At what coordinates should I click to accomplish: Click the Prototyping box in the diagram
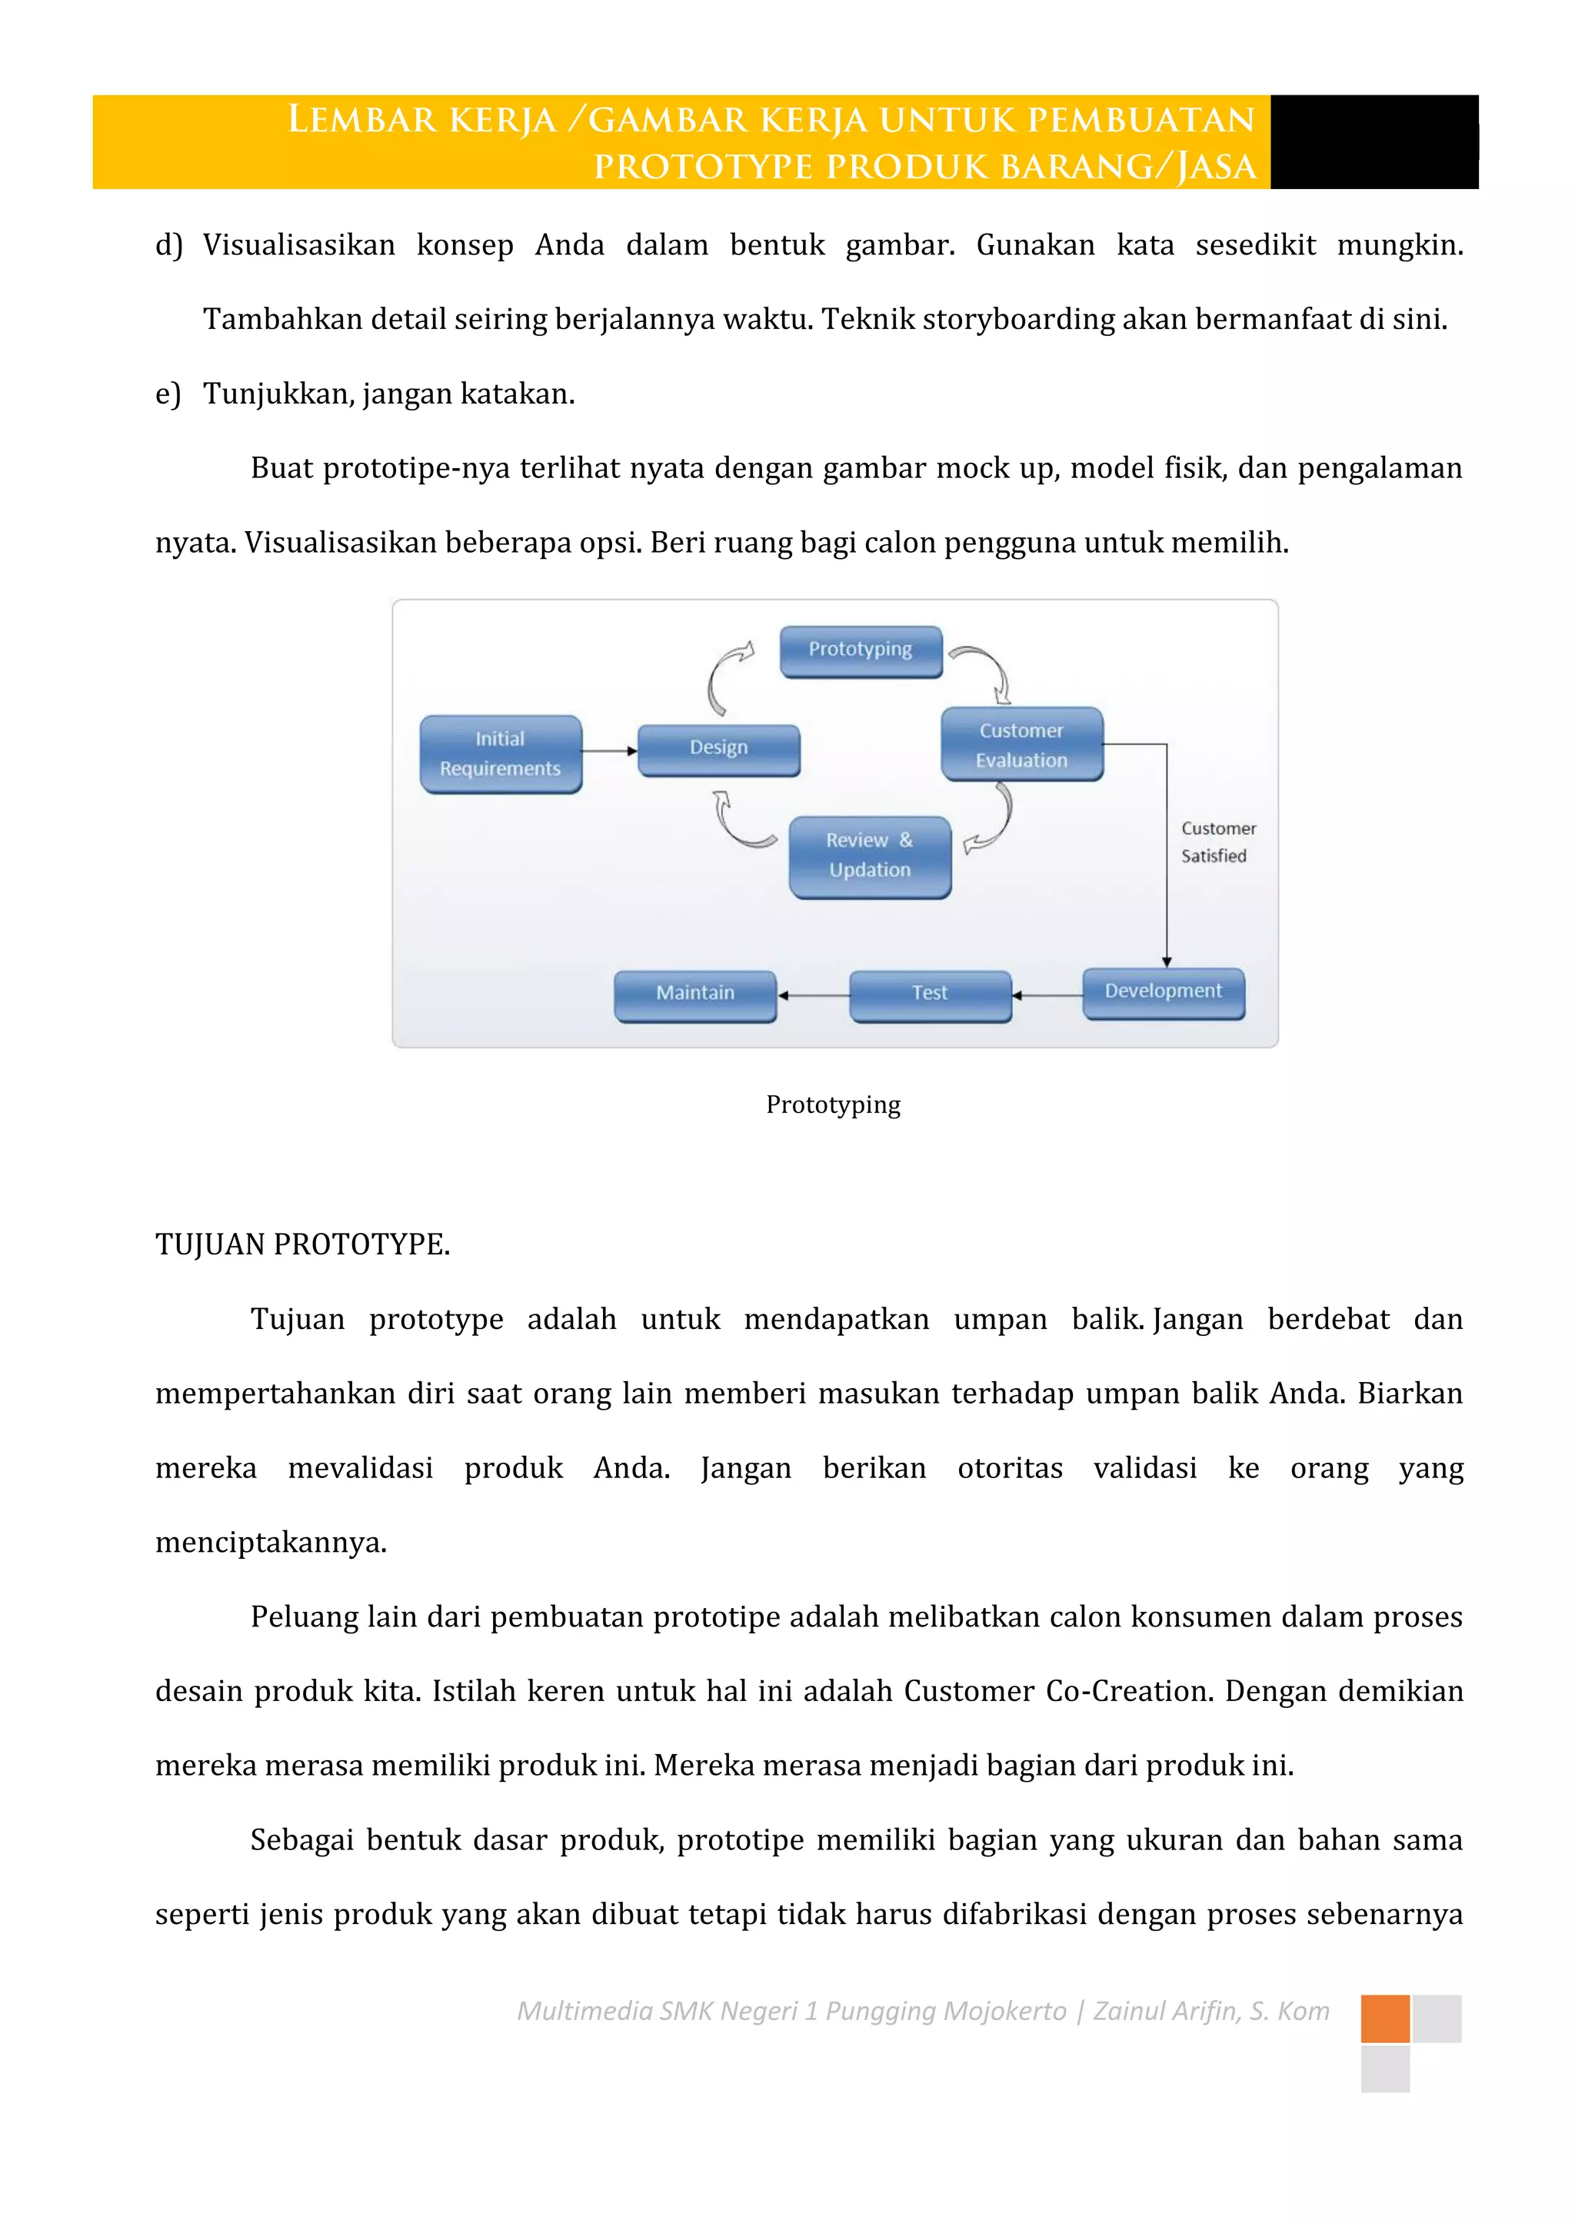(861, 650)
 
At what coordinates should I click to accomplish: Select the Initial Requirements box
(501, 753)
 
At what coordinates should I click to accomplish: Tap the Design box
(718, 749)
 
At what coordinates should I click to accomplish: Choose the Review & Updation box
(870, 856)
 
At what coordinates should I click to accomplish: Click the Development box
(1163, 992)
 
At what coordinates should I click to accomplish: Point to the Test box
(929, 994)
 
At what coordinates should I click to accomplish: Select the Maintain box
(695, 994)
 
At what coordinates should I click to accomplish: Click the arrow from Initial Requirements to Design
(609, 750)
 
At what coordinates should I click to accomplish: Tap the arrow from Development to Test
(1047, 995)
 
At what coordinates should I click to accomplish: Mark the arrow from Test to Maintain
(813, 995)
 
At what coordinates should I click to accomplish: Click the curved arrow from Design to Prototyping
(725, 675)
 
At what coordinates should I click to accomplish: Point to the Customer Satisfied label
(1217, 842)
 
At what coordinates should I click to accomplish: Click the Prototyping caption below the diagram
(833, 1105)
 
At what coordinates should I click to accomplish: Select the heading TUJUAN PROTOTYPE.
(302, 1244)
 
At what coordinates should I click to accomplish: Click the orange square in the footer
(1384, 2018)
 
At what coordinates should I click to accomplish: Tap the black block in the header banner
(1374, 141)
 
